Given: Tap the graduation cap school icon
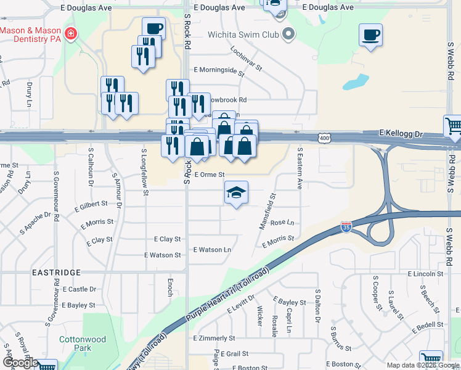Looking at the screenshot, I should click(236, 194).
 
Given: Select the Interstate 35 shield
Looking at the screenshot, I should click(346, 228).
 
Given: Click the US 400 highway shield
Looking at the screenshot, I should click(324, 139).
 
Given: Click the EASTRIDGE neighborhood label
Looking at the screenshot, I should click(57, 272).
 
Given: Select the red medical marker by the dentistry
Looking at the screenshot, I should click(71, 33).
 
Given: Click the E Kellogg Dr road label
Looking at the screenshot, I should click(402, 133).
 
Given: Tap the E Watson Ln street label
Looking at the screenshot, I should click(212, 250).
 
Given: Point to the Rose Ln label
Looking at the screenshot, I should click(282, 222).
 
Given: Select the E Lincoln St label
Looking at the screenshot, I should click(425, 273).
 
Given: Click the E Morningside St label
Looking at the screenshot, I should click(219, 70).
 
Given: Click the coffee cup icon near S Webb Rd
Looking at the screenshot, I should click(370, 35).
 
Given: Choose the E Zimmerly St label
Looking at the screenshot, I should click(216, 339).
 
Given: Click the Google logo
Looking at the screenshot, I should click(20, 363).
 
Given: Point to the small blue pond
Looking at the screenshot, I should click(356, 82).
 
